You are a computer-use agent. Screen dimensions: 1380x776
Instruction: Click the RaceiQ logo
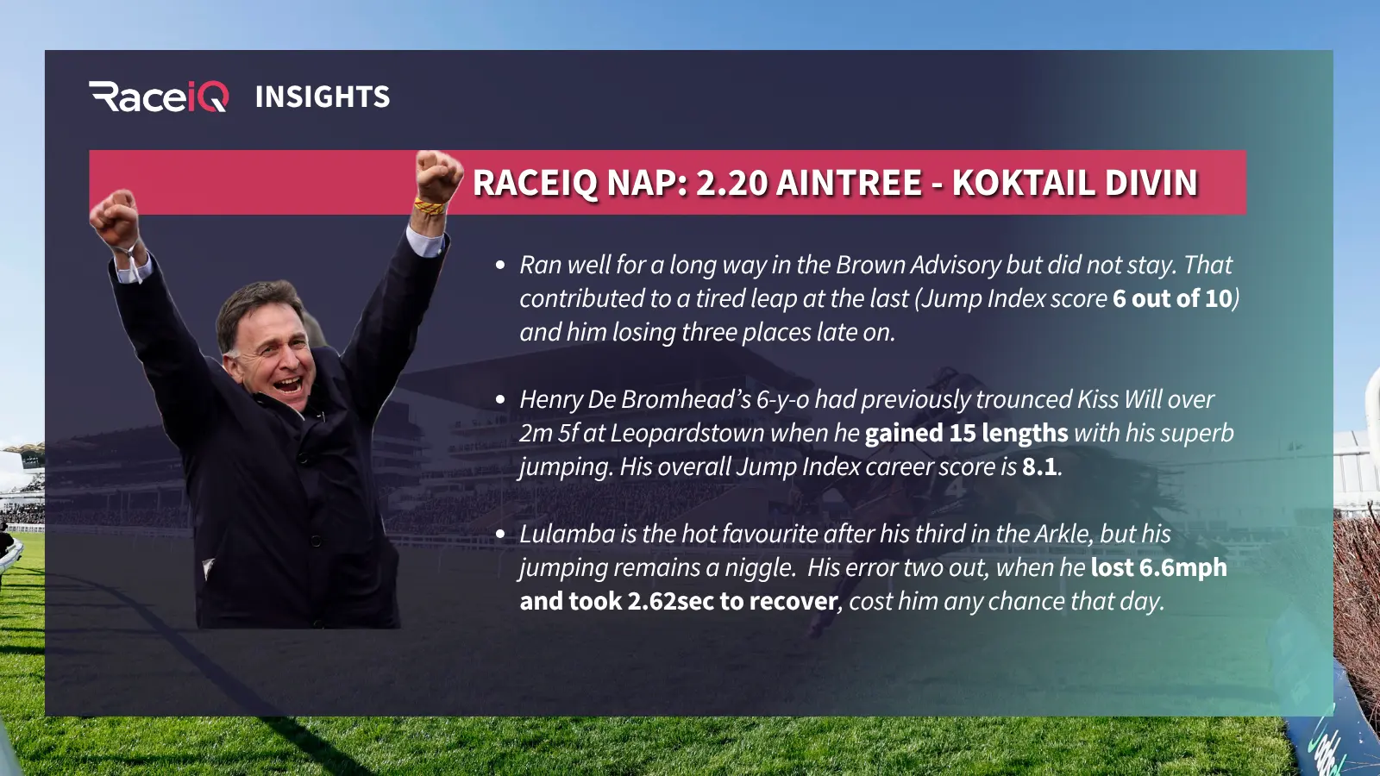[159, 97]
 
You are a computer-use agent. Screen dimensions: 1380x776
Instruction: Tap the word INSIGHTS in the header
[323, 97]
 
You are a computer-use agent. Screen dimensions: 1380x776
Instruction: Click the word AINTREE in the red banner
[849, 182]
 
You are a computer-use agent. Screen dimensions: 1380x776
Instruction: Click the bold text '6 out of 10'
[1172, 298]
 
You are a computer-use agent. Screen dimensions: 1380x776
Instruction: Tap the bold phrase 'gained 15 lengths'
[966, 434]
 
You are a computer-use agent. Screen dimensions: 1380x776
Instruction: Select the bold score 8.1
[1040, 466]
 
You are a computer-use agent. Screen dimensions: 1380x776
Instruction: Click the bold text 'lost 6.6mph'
[1159, 568]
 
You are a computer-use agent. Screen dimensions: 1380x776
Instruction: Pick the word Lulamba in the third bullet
[568, 534]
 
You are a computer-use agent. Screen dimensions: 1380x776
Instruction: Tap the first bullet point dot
[500, 266]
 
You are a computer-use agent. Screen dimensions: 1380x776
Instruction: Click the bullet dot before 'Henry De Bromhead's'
[500, 400]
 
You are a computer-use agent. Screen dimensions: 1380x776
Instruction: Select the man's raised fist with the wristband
[438, 178]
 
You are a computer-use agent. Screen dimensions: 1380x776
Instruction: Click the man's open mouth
[288, 385]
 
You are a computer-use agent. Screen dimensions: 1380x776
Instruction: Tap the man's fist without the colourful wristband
[116, 219]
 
